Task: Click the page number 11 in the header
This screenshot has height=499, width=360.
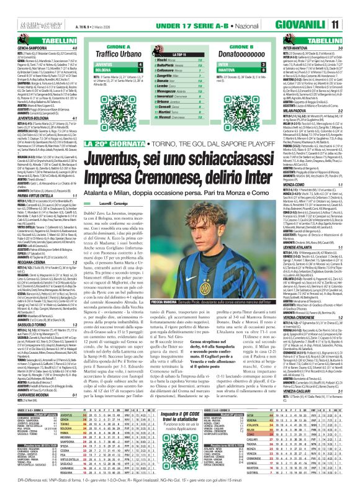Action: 351,8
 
